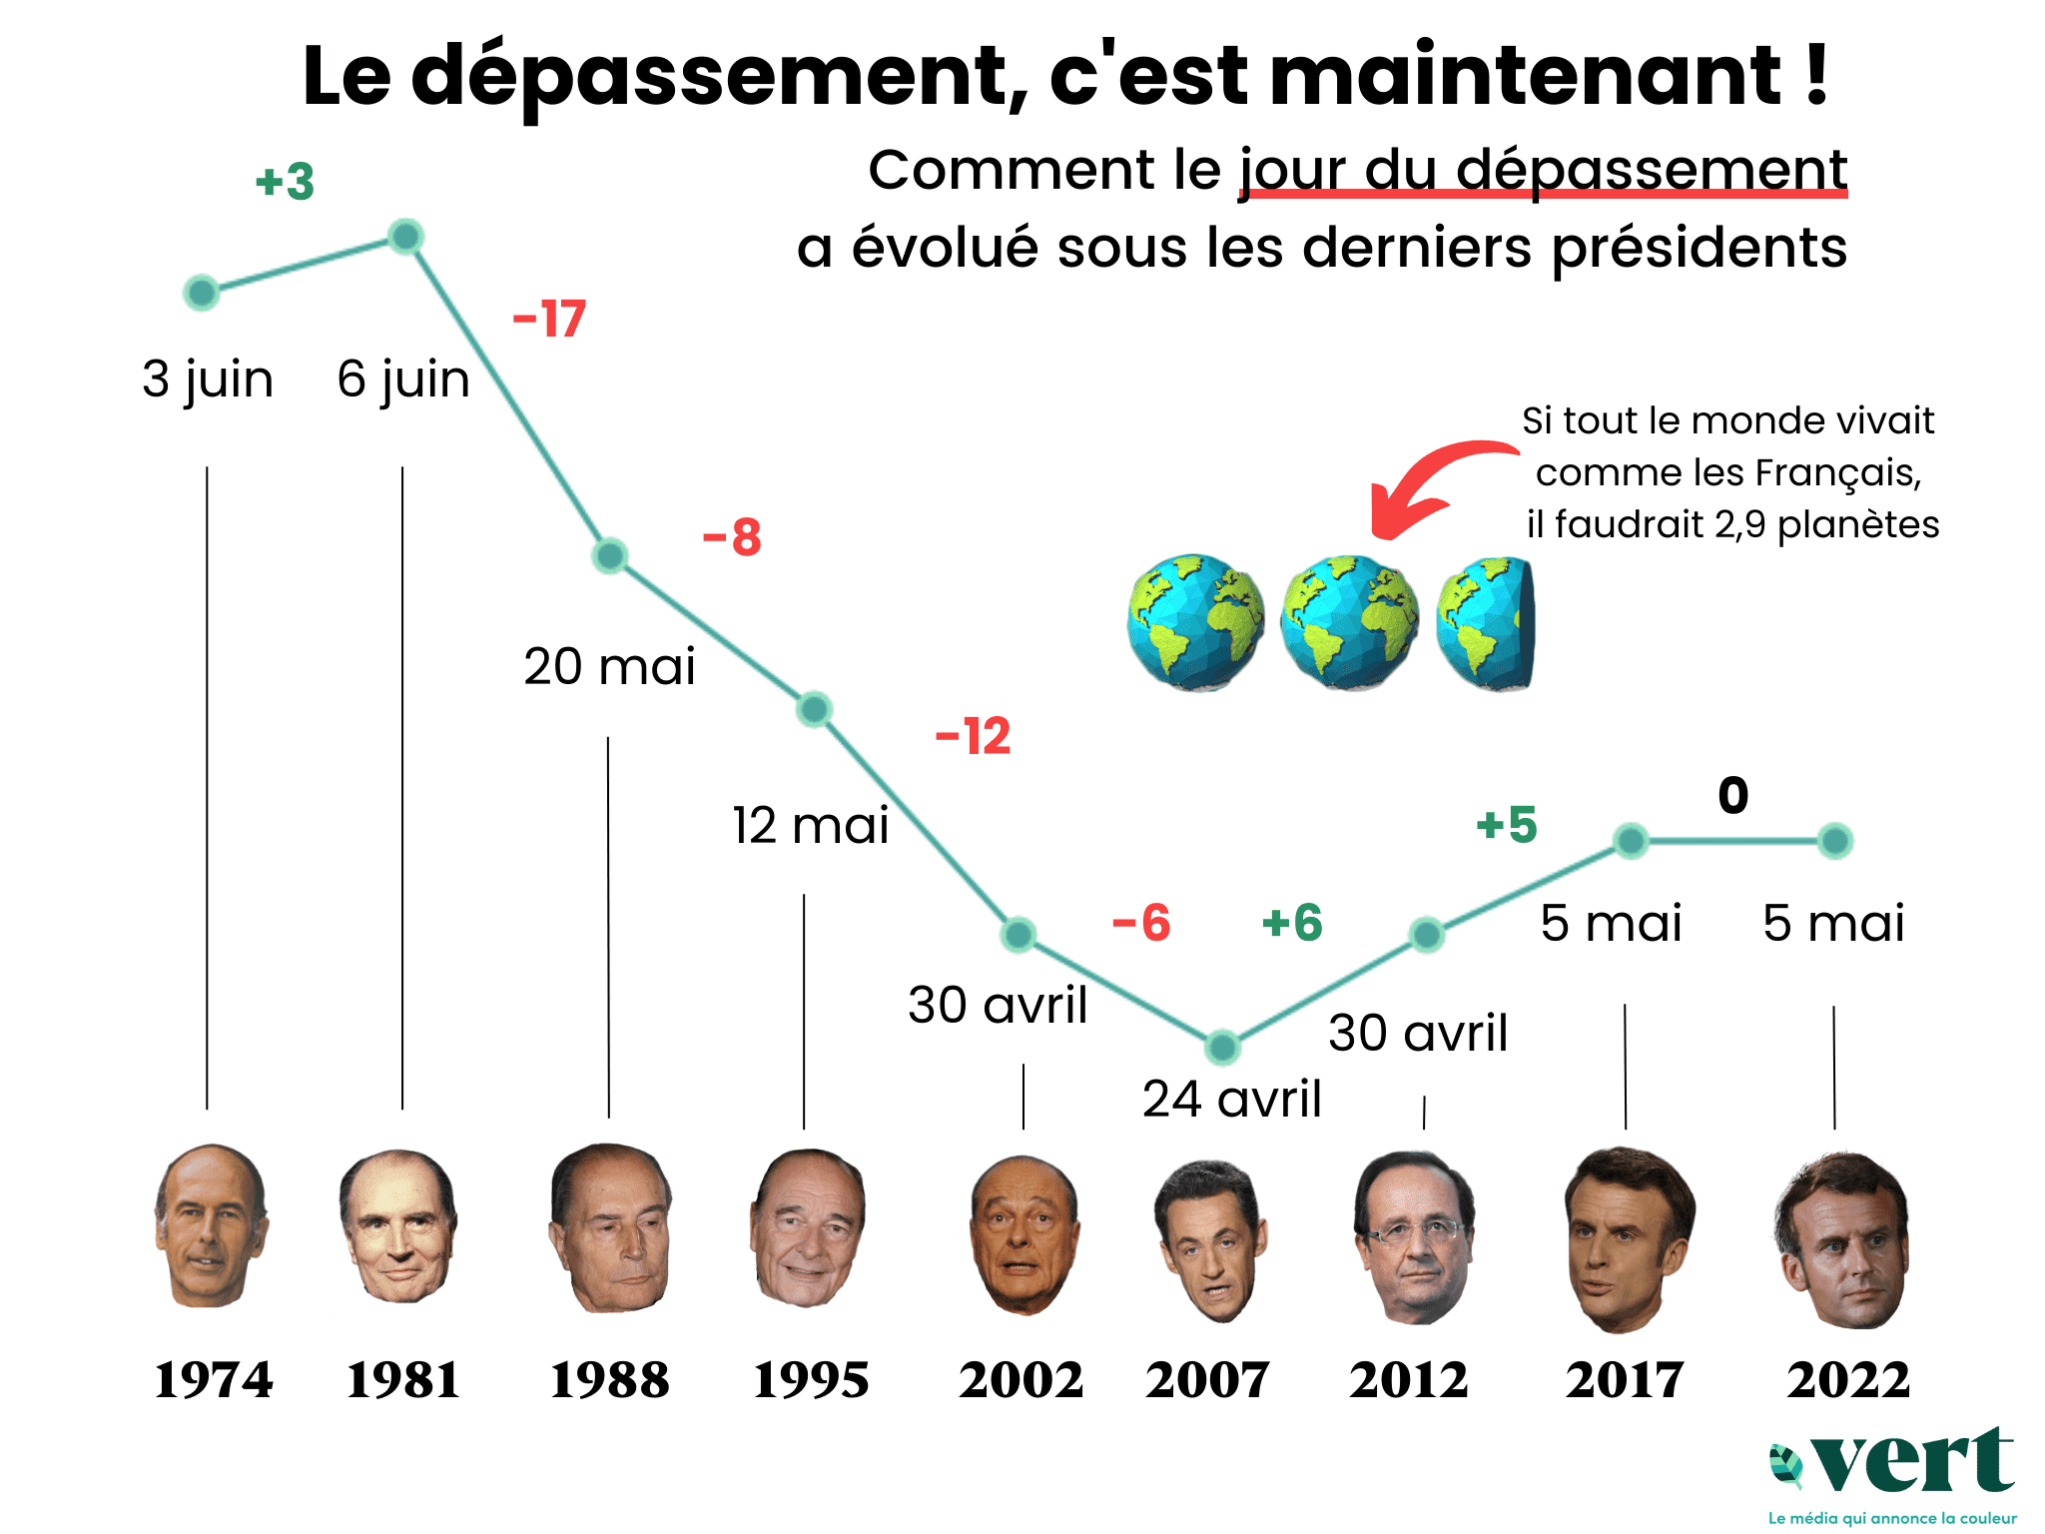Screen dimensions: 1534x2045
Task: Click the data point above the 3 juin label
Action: [x=202, y=293]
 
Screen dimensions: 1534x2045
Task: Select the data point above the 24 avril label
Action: [x=1222, y=1047]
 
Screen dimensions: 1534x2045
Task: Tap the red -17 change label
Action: [x=549, y=320]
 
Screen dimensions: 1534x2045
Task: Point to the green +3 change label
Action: [x=286, y=182]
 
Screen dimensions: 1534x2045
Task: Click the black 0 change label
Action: [x=1733, y=796]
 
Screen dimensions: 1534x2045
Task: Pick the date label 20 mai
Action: [x=609, y=666]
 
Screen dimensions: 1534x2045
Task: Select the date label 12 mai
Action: [x=810, y=825]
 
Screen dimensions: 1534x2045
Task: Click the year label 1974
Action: [x=213, y=1380]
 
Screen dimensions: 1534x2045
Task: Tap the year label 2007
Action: [x=1207, y=1380]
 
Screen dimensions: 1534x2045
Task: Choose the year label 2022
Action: [x=1847, y=1380]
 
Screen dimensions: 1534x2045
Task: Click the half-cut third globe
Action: [x=1485, y=623]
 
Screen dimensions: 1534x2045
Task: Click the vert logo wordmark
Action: [x=1912, y=1462]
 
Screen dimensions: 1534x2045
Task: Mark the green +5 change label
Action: [x=1507, y=825]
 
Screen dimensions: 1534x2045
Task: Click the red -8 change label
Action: [x=732, y=537]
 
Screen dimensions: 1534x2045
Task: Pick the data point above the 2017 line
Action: [x=1631, y=841]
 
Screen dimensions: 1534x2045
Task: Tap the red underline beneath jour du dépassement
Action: [x=1544, y=194]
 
